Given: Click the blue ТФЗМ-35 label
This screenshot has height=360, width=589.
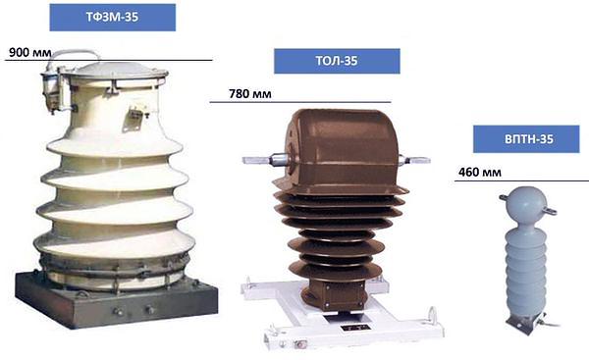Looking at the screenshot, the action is (x=112, y=18).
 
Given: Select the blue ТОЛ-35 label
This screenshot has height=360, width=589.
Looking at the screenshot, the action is (x=337, y=61).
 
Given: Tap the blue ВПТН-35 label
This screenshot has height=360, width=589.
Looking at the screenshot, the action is (x=526, y=139).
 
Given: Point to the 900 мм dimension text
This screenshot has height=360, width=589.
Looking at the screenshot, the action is (x=30, y=53).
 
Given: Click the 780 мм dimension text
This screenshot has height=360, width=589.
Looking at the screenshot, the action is (x=249, y=93).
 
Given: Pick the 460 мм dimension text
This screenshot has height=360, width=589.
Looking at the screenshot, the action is (x=480, y=173).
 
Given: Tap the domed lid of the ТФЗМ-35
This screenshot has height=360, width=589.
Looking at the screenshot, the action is (x=115, y=72).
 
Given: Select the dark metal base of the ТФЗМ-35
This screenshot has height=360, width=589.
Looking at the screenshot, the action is (x=117, y=300).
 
